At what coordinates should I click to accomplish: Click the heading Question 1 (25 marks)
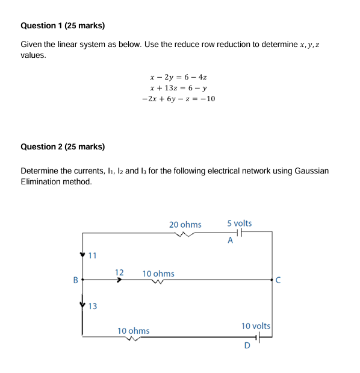tap(62, 26)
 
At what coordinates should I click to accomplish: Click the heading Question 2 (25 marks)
tap(62, 146)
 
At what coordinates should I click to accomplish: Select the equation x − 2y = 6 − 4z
tap(178, 77)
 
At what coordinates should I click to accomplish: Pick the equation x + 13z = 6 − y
tap(178, 87)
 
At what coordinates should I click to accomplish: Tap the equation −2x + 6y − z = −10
tap(178, 98)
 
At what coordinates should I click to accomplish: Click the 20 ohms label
tap(185, 225)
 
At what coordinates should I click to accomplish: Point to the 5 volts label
tap(240, 224)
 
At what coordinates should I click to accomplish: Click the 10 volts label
tap(256, 326)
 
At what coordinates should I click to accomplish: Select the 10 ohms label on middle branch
tap(158, 274)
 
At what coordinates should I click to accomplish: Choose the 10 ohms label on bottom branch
tap(134, 331)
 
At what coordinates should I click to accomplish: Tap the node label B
tap(75, 280)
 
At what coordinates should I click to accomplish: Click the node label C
tap(278, 280)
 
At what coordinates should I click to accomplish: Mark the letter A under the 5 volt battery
tap(230, 241)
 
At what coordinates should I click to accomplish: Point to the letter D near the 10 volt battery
tap(247, 345)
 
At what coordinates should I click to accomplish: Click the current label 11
tap(92, 255)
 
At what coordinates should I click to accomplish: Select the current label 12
tap(119, 272)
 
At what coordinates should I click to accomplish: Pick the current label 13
tap(92, 306)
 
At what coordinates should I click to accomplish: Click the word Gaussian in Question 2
tap(312, 171)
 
